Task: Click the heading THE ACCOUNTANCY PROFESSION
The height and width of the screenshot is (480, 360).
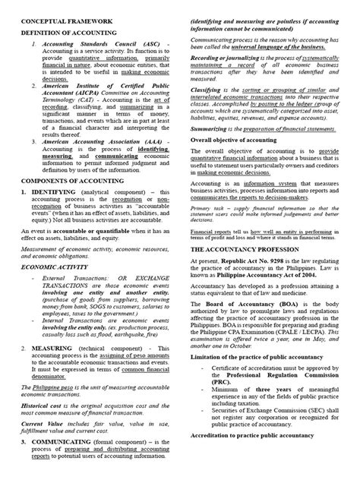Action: (245, 249)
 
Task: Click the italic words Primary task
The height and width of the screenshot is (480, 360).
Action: (208, 207)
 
